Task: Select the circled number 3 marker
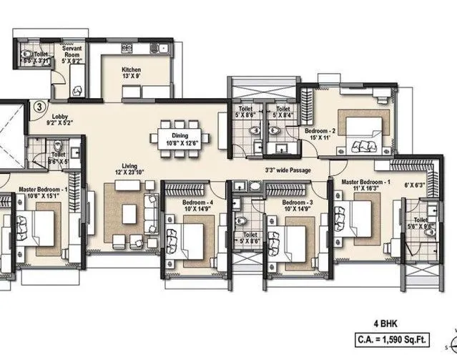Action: [38, 107]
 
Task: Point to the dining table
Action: [178, 136]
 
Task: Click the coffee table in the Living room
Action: [129, 213]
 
